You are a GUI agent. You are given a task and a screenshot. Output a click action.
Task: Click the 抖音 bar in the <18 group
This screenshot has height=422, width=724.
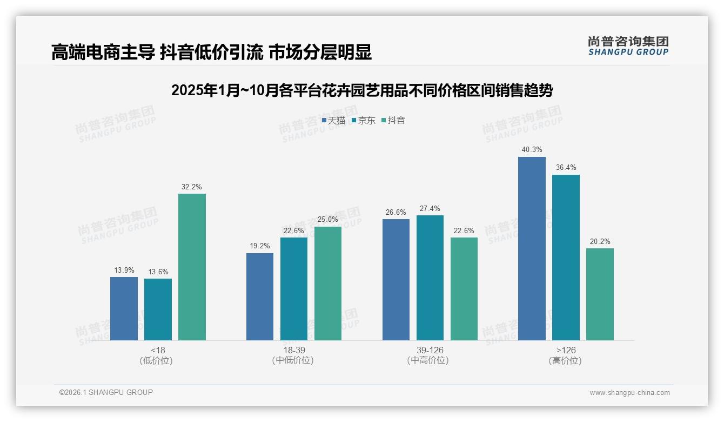192,267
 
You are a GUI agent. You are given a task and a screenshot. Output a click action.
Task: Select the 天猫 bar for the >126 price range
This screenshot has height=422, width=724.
532,248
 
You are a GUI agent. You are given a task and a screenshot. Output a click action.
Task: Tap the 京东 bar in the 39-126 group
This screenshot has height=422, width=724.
430,278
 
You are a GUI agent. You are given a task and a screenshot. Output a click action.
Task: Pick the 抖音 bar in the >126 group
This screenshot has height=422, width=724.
600,294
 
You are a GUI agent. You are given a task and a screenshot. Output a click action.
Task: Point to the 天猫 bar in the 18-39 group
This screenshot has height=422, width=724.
260,296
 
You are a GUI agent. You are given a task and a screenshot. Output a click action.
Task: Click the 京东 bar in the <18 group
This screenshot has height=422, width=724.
158,309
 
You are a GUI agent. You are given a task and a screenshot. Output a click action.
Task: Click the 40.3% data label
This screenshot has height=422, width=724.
532,149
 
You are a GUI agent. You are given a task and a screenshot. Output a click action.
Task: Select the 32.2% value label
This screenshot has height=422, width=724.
192,187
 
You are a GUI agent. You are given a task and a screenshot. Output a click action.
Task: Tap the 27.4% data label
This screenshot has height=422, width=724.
430,208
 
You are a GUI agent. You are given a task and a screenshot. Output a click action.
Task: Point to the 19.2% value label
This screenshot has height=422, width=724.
260,246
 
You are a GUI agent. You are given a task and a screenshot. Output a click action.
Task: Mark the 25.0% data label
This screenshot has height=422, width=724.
328,219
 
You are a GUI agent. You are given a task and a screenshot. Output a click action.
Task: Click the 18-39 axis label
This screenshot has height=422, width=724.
293,350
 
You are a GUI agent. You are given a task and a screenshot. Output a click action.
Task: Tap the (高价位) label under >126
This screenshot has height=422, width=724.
565,360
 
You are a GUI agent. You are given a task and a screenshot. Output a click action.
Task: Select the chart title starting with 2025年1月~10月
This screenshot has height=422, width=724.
362,90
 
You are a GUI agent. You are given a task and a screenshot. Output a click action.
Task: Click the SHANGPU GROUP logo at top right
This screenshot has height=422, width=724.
628,45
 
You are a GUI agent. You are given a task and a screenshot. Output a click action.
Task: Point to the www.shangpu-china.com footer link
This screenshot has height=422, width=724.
629,392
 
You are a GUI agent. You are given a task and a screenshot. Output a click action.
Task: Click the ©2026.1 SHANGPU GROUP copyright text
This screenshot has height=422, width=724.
106,392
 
